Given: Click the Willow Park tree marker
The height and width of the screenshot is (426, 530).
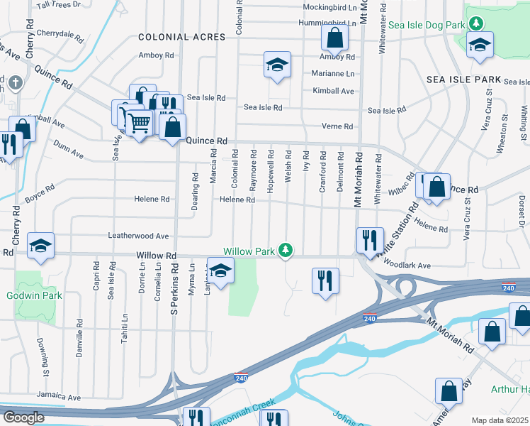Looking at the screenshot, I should click(x=286, y=250).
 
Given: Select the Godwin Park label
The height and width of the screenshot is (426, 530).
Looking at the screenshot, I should click(x=35, y=295).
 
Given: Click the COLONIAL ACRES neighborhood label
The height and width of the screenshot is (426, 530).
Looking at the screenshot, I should click(x=173, y=37).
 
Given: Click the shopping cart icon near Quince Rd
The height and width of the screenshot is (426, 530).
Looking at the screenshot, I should click(x=138, y=124).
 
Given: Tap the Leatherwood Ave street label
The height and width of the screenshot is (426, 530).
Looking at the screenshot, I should click(x=137, y=236).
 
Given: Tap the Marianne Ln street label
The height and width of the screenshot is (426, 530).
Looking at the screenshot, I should click(x=333, y=73).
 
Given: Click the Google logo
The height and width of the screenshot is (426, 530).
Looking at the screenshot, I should click(x=24, y=417).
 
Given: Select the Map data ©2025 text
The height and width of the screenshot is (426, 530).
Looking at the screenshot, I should click(x=499, y=420).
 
